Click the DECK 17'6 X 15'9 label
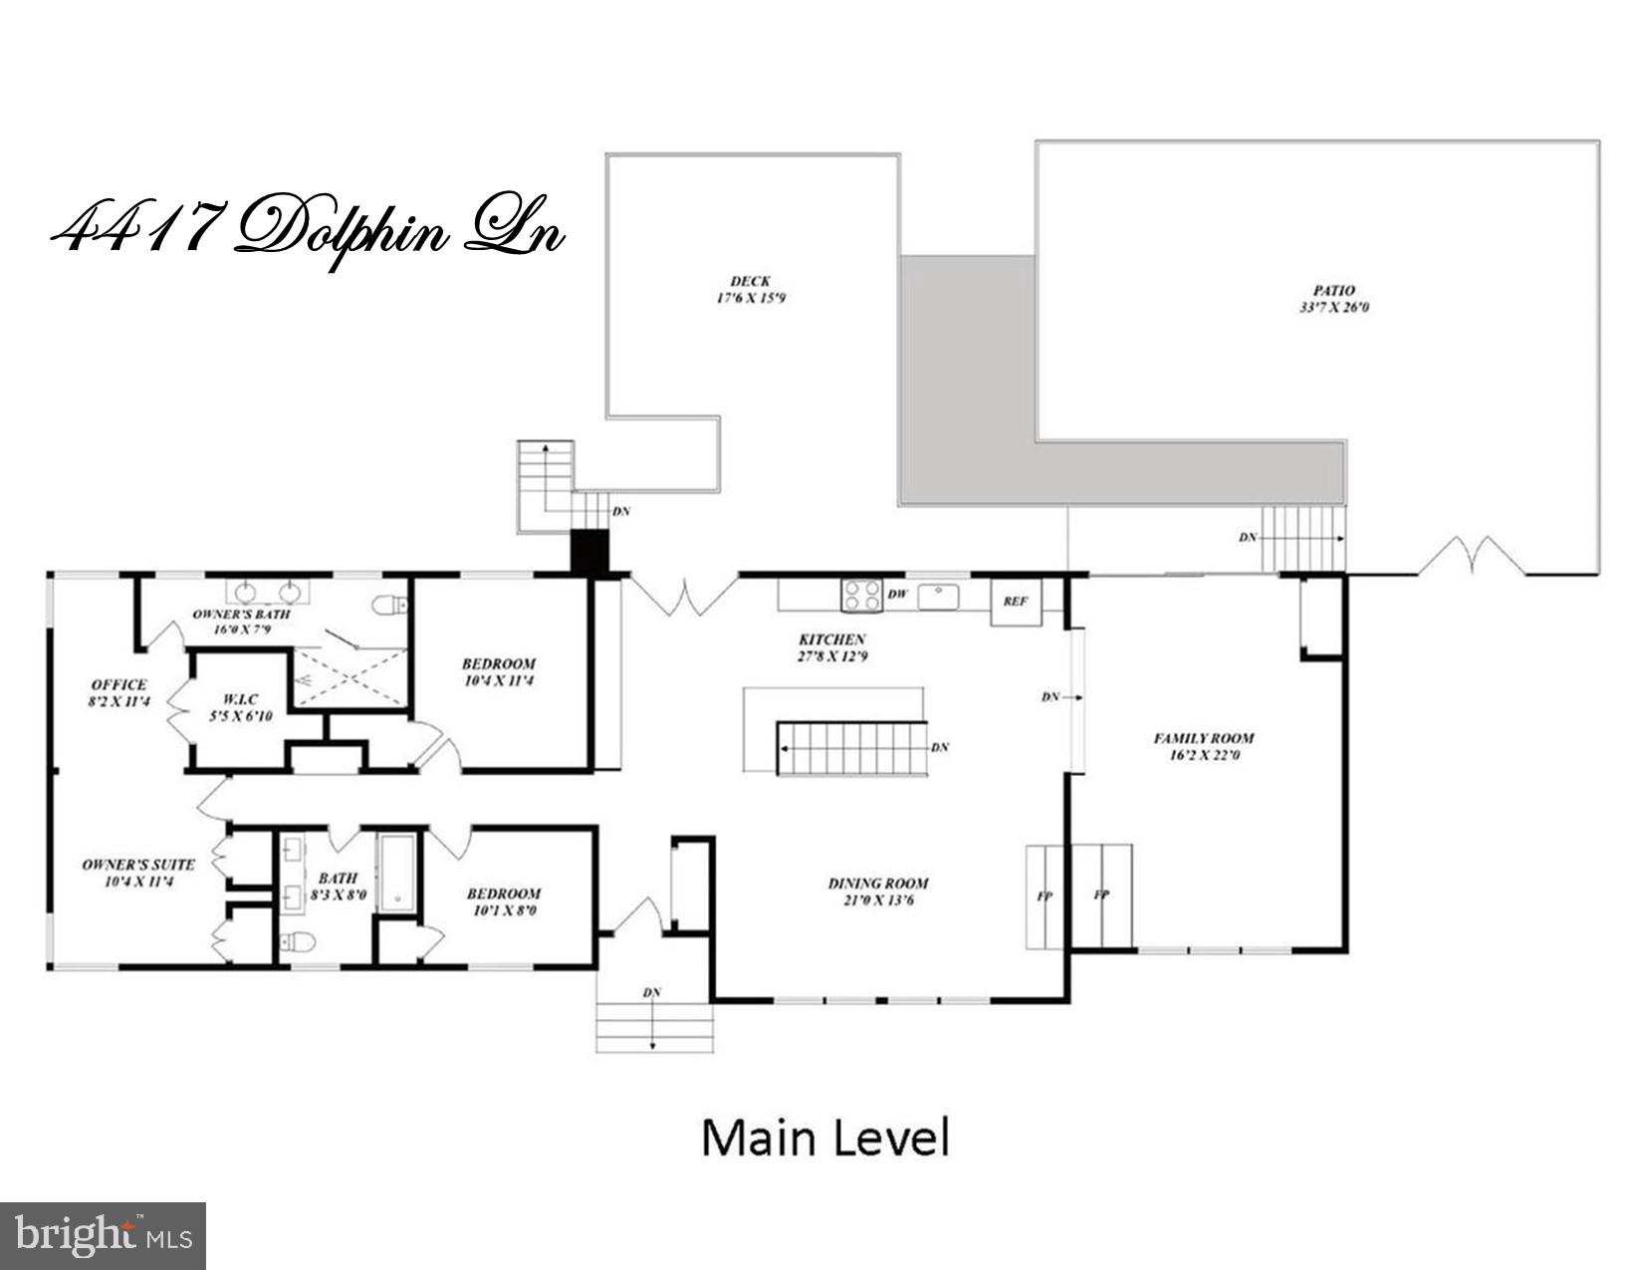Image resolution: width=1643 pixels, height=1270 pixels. tap(750, 290)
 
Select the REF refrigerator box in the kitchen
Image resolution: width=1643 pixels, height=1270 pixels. tap(1015, 602)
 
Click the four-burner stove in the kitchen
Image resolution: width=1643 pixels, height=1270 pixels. tap(860, 595)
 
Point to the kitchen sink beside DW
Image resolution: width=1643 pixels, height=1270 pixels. tap(937, 596)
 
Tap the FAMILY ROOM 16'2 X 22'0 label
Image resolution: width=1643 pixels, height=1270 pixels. tap(1203, 746)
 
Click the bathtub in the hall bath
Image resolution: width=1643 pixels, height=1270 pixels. tap(398, 873)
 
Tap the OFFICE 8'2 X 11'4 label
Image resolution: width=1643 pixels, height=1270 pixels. tap(118, 692)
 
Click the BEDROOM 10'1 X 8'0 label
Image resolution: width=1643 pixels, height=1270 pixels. tap(504, 901)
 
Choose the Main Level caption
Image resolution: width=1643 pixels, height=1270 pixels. tap(825, 1138)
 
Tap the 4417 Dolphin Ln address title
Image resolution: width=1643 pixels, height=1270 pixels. tap(308, 231)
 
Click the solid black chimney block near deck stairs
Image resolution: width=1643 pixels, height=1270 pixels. tap(588, 552)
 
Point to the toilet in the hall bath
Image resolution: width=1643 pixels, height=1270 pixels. tap(298, 941)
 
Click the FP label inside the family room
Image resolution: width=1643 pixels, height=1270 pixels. tap(1101, 895)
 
